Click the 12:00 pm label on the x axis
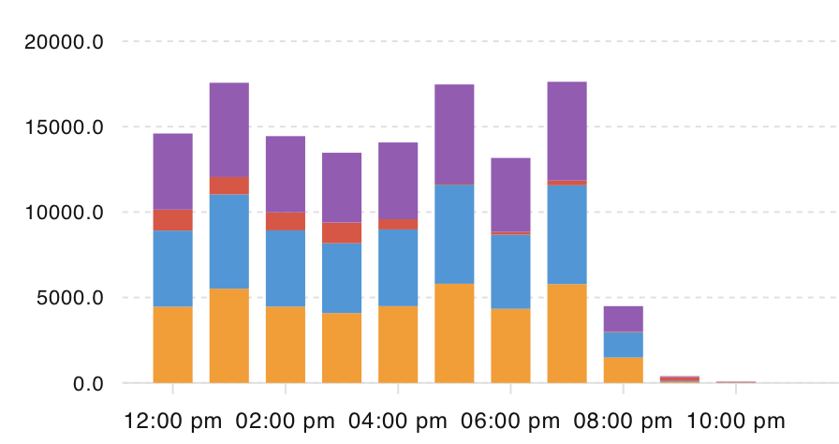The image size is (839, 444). [x=173, y=422]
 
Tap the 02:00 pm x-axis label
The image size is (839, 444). [x=286, y=422]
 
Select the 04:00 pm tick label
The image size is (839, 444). [x=398, y=422]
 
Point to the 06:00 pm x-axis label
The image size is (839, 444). [x=510, y=422]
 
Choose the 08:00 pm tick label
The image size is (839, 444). [x=623, y=422]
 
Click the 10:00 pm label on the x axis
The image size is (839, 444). [x=735, y=422]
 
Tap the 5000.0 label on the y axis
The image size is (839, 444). [x=71, y=298]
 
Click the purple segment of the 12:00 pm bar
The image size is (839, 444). [x=173, y=171]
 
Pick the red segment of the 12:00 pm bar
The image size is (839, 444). [x=173, y=220]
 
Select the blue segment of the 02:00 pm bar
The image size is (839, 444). [x=286, y=268]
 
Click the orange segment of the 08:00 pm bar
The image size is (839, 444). [x=623, y=370]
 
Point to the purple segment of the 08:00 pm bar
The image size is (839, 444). [x=623, y=318]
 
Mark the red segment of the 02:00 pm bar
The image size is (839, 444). [x=286, y=221]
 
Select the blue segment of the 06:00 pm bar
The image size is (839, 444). [x=510, y=272]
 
